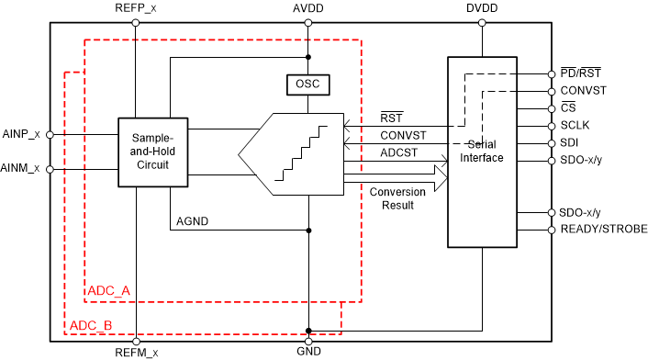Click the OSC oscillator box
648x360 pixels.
(308, 84)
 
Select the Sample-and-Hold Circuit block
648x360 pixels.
(152, 152)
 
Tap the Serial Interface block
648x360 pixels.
(482, 152)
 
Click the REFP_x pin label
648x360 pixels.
(136, 8)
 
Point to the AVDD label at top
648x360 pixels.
(309, 8)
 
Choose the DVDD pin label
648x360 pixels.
(482, 8)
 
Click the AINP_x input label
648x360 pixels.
(22, 134)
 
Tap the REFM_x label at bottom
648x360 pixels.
(137, 352)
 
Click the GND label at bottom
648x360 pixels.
(309, 352)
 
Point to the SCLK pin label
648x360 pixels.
(575, 126)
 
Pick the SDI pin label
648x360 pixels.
(569, 143)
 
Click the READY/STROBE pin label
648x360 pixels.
(603, 230)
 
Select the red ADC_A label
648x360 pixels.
(109, 291)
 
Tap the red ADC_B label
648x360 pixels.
(92, 326)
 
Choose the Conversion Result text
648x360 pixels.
(397, 198)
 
